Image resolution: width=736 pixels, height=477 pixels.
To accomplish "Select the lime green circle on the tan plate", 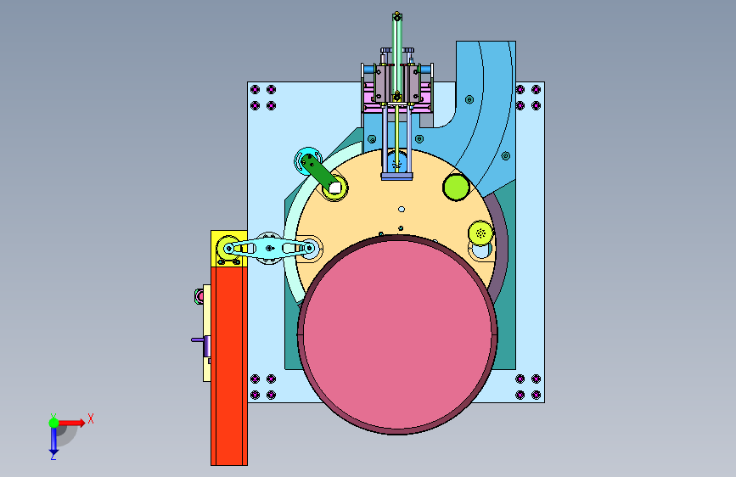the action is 456,187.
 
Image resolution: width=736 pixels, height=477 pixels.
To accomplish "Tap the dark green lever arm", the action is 318,172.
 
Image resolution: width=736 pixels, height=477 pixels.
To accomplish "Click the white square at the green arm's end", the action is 334,188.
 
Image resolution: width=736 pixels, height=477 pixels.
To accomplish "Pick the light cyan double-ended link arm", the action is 268,248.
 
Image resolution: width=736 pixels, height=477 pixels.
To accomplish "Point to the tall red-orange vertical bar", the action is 229,366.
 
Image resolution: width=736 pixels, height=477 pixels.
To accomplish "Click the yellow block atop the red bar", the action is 229,249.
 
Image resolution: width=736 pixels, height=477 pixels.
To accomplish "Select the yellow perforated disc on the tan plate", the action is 480,233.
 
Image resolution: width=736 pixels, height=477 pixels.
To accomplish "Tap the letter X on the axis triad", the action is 91,418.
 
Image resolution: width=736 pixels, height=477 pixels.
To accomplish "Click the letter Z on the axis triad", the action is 53,456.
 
